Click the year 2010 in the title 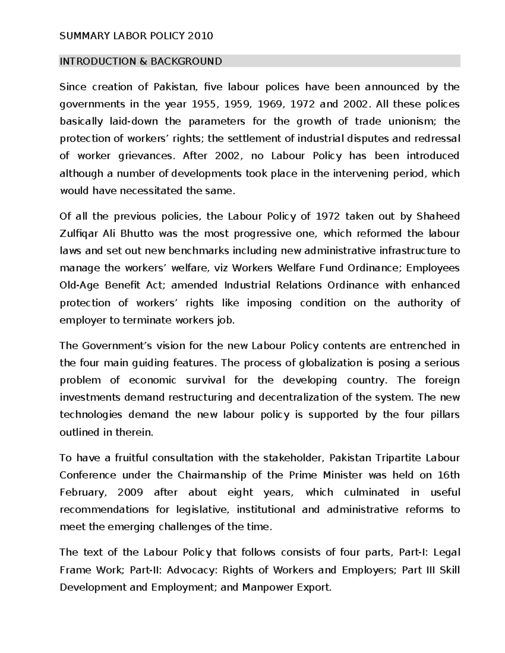pyautogui.click(x=201, y=36)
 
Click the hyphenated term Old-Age pyautogui.click(x=79, y=286)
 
